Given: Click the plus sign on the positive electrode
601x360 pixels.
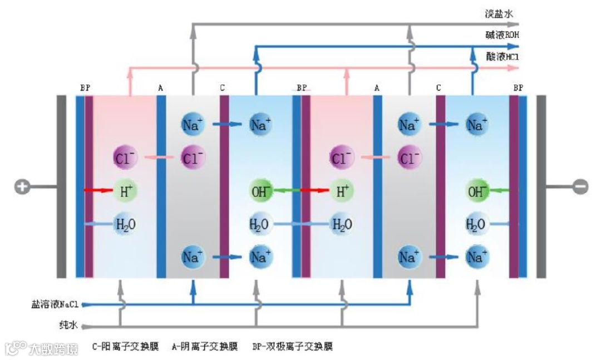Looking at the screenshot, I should [22, 187].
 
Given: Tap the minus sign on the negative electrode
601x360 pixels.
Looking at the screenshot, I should [580, 187].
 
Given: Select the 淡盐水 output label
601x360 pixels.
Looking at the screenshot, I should [498, 13].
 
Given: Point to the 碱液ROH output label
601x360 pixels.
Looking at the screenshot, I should [502, 34].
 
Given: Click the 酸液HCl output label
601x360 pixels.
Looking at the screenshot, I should [502, 56].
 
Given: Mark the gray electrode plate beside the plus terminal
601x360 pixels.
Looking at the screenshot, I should [61, 186].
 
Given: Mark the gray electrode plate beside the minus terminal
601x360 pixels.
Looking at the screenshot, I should [540, 186].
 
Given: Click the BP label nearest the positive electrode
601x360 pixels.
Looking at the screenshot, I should [85, 88].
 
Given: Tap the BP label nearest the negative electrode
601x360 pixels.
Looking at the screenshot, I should [518, 88].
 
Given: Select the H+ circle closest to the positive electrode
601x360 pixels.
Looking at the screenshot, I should [125, 191].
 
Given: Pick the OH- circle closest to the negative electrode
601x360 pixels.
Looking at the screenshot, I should [477, 191].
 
